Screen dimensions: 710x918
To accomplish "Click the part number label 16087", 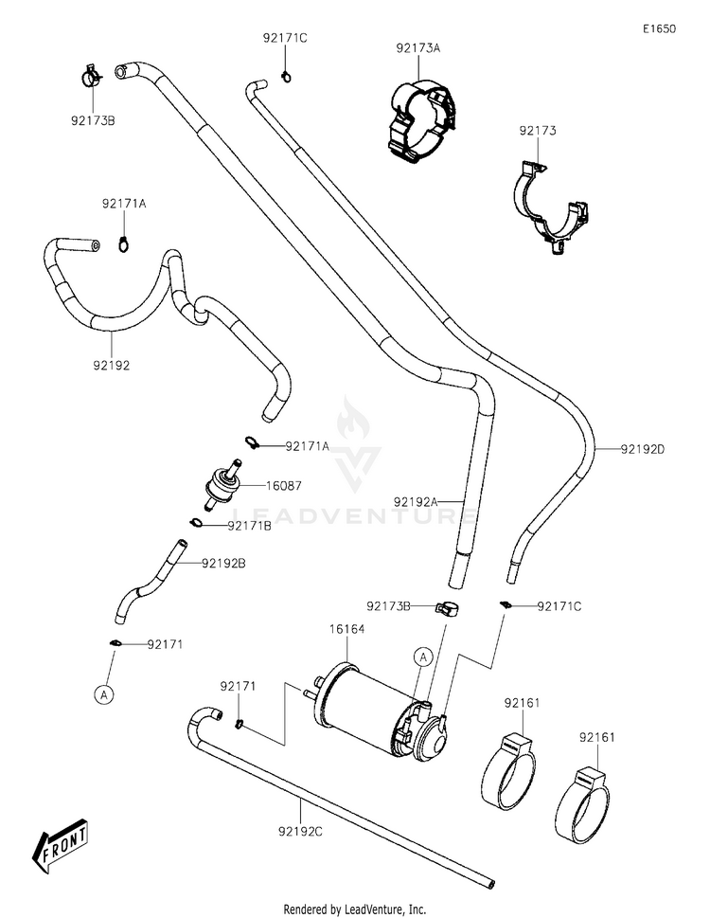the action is [284, 485].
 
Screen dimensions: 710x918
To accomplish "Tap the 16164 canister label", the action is [346, 629].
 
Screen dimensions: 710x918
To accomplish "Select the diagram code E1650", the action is [659, 28].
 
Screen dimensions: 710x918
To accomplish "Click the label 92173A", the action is [418, 48].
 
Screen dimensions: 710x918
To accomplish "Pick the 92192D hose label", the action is [643, 449].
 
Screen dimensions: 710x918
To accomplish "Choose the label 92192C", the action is [300, 831].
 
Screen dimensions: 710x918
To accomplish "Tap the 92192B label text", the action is [223, 564].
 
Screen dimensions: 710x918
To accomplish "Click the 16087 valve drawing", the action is [224, 484].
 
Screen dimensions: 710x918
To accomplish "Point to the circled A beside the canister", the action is [423, 657].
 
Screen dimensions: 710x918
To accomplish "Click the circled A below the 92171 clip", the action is [103, 695].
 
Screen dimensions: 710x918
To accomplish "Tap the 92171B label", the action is [249, 526].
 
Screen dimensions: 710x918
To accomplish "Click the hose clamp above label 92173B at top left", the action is [91, 76].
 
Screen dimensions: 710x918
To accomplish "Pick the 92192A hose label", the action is [416, 502].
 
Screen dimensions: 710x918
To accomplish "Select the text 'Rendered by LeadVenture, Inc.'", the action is [355, 909].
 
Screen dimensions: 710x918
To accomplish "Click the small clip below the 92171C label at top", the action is [286, 76].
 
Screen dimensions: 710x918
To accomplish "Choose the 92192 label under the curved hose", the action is [111, 366].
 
